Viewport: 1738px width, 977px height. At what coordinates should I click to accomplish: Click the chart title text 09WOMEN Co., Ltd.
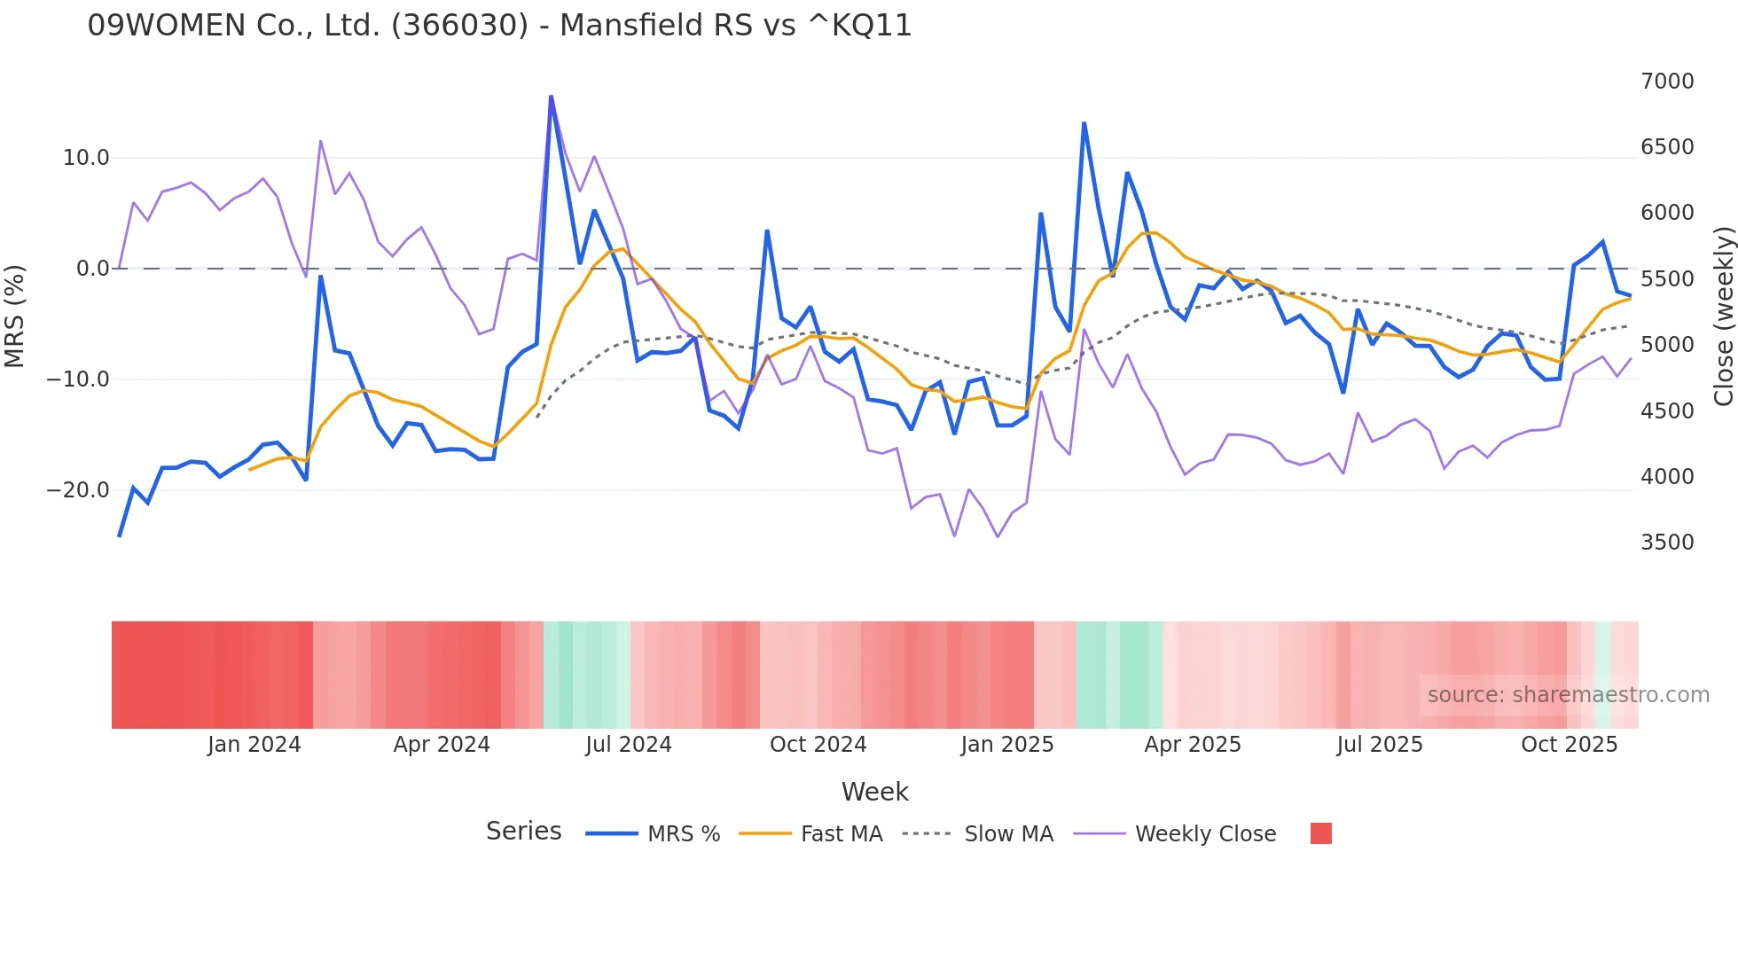(499, 26)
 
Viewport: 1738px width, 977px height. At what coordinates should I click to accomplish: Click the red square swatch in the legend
(1320, 833)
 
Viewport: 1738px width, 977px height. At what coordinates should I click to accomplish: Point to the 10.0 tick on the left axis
(86, 158)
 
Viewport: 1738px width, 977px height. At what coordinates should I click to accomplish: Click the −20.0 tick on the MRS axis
(78, 490)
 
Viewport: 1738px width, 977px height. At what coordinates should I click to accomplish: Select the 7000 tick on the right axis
(1666, 82)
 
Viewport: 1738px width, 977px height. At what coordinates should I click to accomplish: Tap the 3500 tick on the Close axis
(1666, 543)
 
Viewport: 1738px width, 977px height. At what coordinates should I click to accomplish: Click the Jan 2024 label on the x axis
(254, 745)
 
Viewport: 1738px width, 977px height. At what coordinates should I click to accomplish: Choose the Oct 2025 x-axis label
(1569, 745)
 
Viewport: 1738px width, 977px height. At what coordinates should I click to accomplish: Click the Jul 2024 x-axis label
(628, 745)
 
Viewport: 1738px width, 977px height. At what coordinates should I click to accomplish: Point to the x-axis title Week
(874, 792)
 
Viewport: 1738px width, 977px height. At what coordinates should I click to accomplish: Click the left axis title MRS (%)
(15, 316)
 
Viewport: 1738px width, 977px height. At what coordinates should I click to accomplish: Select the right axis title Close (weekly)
(1723, 316)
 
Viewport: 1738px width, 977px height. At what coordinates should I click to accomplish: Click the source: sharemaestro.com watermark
(1568, 695)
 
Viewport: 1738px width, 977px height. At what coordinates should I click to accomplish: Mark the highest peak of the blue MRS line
(551, 97)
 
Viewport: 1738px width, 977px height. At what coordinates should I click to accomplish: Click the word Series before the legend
(523, 832)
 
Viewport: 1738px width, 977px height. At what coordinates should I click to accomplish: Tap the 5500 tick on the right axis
(1666, 279)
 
